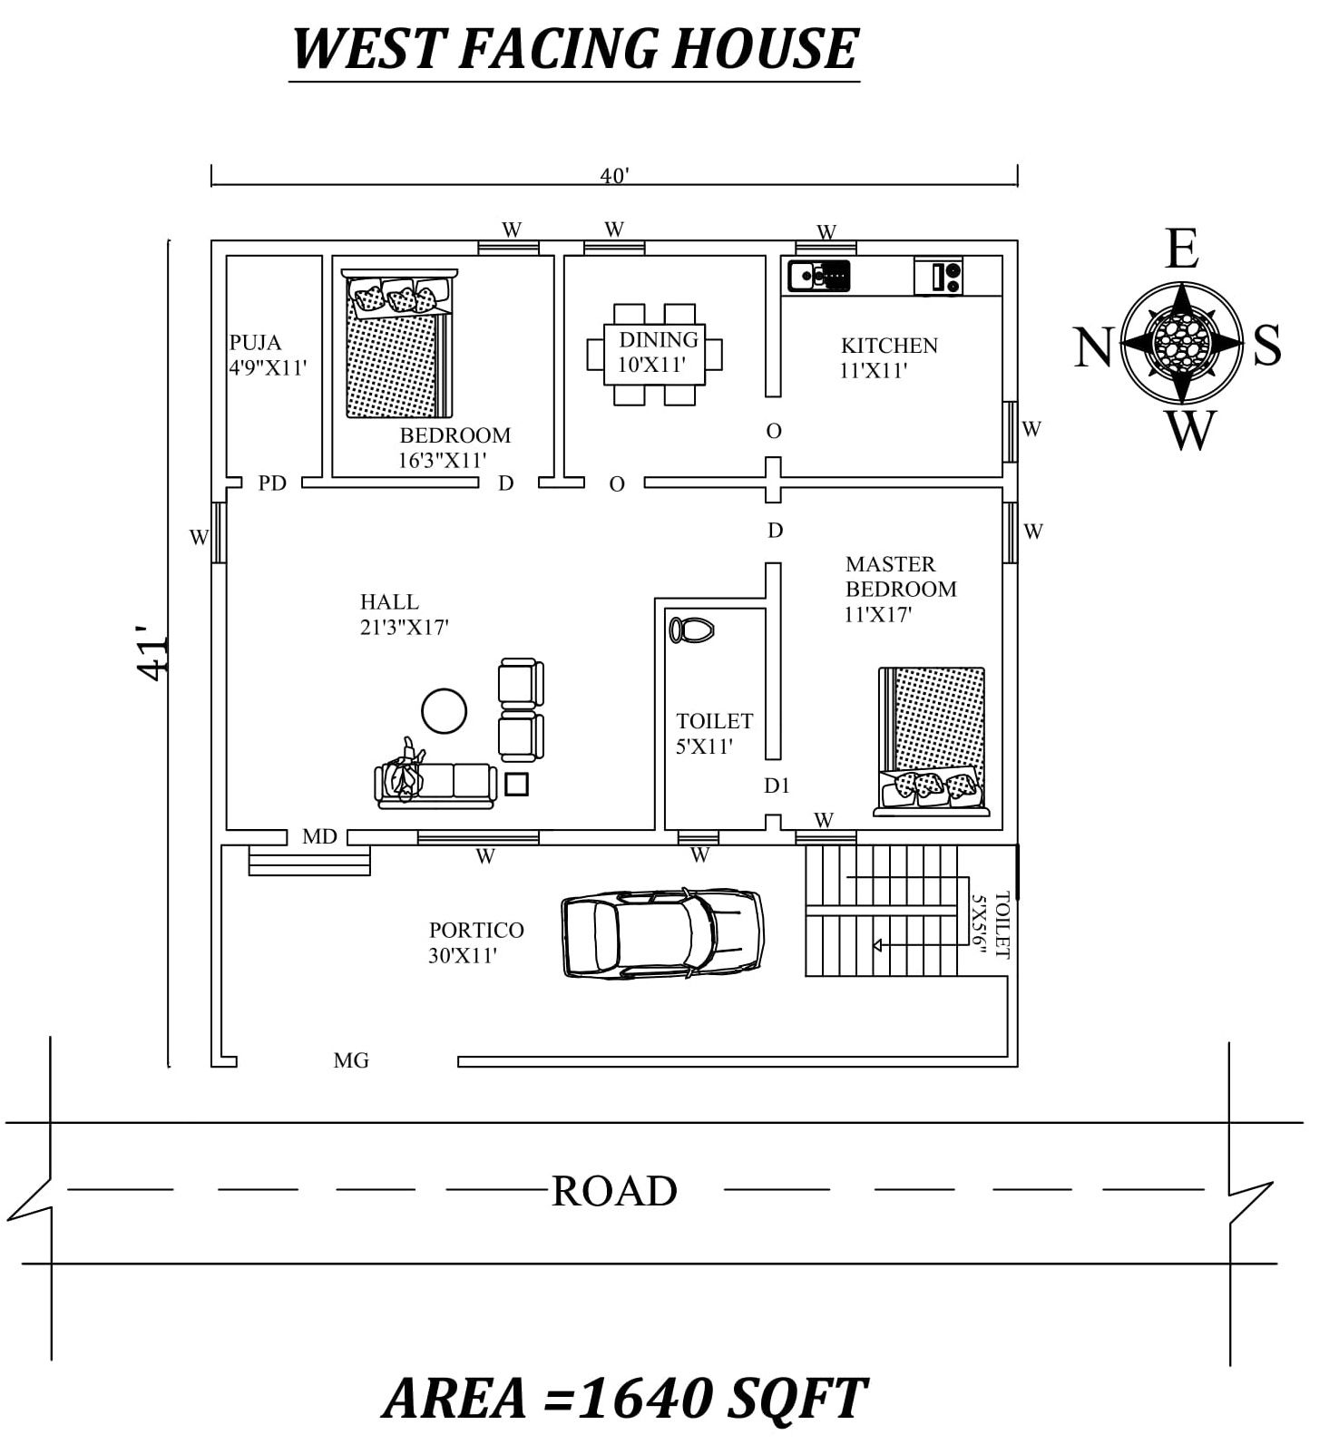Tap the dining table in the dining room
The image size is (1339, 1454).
click(655, 354)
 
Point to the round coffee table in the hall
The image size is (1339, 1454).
click(444, 711)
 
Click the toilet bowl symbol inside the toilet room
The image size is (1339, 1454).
click(691, 629)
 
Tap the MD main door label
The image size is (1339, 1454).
click(319, 836)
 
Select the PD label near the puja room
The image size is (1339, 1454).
click(272, 483)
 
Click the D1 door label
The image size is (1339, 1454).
click(777, 786)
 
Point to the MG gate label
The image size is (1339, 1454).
click(351, 1060)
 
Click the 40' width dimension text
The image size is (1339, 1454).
click(614, 176)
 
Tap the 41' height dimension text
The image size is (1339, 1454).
click(152, 652)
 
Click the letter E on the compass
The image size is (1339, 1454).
click(1181, 249)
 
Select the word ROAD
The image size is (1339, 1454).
click(614, 1191)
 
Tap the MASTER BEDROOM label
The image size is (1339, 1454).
click(900, 576)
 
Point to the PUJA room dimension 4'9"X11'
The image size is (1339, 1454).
click(268, 368)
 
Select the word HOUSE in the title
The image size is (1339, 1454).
click(764, 49)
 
